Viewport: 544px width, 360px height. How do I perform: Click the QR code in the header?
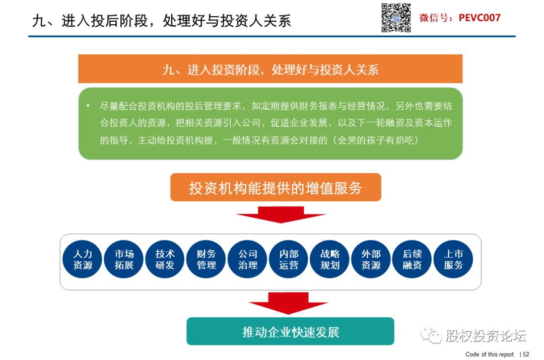tap(396, 18)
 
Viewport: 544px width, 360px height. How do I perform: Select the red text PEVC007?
tap(480, 18)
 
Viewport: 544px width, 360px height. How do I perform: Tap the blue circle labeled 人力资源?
tap(82, 259)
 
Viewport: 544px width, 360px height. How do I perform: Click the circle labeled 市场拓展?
tap(123, 259)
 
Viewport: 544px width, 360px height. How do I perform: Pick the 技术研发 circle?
tap(165, 259)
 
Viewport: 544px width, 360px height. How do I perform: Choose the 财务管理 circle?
tap(206, 259)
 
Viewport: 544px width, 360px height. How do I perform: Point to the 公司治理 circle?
tap(247, 259)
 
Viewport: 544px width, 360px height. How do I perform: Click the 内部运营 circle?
tap(289, 259)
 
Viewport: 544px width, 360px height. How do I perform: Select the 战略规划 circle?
tap(329, 259)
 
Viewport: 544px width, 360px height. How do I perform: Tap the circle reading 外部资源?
tap(371, 259)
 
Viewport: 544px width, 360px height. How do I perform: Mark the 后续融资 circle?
tap(412, 259)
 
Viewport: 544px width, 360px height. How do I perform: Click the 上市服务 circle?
tap(453, 259)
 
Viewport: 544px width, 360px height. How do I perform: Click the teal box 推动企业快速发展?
tap(291, 331)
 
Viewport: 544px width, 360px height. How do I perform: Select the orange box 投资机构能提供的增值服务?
tap(276, 187)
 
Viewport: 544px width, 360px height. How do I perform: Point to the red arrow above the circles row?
tap(281, 214)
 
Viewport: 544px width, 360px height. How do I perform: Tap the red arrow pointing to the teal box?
tap(288, 303)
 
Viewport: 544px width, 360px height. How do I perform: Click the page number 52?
tap(526, 354)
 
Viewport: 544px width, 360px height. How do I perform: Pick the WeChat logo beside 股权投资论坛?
tap(431, 335)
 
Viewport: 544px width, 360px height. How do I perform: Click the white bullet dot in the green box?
tap(88, 105)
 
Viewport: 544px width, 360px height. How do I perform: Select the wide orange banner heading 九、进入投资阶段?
tap(270, 68)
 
